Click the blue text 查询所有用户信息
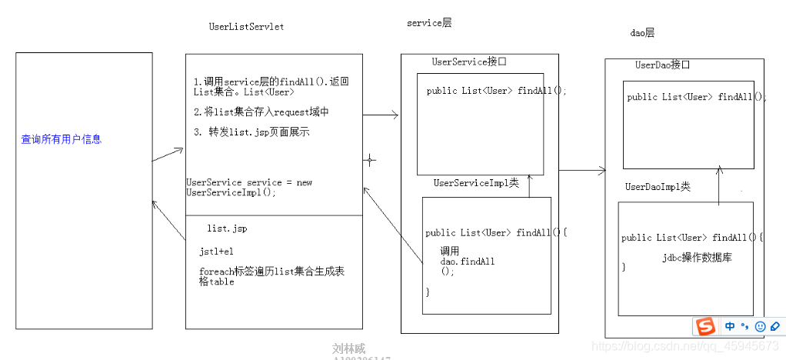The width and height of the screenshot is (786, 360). tap(61, 139)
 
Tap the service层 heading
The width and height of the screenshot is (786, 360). tap(428, 23)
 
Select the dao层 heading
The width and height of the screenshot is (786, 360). tap(641, 32)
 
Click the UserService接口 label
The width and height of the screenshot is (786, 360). tap(469, 62)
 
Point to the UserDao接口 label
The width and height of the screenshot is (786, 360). tap(663, 65)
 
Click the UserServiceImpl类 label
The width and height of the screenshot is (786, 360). tap(476, 183)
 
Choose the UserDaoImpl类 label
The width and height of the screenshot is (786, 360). tap(658, 187)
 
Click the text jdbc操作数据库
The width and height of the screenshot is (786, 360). tap(696, 258)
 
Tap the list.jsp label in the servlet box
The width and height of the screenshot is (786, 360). tap(227, 228)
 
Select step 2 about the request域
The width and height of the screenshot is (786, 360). tap(262, 112)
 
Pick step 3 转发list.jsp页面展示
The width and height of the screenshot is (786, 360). tap(251, 132)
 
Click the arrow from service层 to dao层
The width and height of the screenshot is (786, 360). tap(581, 170)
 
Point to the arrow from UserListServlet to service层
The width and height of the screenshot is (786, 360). tap(380, 115)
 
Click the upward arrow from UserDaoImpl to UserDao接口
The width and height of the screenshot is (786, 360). tap(719, 185)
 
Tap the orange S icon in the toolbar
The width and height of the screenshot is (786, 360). tap(705, 326)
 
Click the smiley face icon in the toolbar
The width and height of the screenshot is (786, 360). tap(760, 326)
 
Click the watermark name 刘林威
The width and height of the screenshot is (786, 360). tap(350, 348)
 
